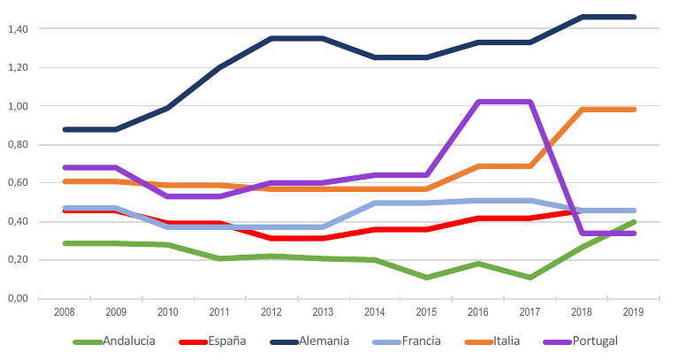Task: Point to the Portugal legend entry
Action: pos(607,341)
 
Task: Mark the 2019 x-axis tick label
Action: pos(634,312)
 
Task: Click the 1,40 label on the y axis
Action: pos(18,29)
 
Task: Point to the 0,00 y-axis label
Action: pos(18,299)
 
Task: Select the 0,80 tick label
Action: pos(18,145)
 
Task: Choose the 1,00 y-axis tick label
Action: pos(18,106)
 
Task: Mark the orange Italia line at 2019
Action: pos(634,110)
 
